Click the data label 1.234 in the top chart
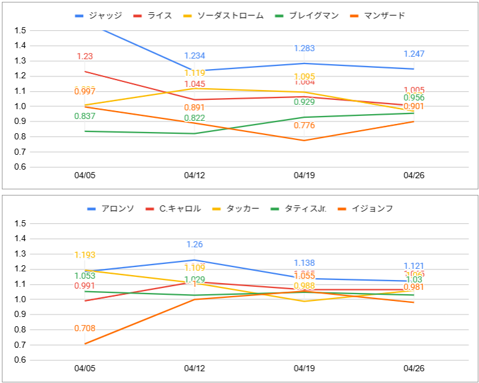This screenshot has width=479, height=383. click(x=194, y=56)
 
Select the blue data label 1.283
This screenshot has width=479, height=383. click(x=305, y=48)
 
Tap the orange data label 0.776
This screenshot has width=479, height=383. click(x=305, y=126)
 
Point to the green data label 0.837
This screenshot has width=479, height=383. click(x=84, y=116)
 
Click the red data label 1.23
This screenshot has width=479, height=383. click(x=84, y=56)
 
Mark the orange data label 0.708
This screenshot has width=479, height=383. click(x=84, y=329)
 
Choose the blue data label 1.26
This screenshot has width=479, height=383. click(x=194, y=245)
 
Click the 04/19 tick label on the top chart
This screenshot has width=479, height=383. click(x=305, y=175)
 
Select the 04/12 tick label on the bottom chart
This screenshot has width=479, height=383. click(x=194, y=369)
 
